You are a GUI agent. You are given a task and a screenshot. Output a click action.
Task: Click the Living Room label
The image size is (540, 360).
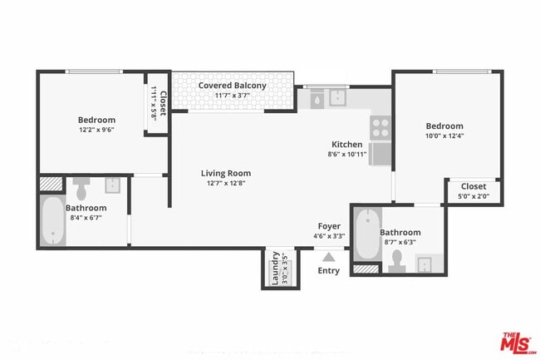pos(225,173)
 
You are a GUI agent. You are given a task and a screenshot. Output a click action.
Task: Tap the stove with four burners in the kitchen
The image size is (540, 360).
pos(380,127)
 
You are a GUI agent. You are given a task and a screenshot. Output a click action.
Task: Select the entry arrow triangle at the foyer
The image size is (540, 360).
pos(329,257)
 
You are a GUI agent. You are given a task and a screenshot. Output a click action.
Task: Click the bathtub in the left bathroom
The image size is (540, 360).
pos(52,222)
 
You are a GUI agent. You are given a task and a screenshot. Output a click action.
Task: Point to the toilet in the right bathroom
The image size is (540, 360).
pos(397,260)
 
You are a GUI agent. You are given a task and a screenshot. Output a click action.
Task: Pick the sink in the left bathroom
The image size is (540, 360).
pos(113,184)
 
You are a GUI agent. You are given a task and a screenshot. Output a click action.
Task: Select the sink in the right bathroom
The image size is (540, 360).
pos(425,264)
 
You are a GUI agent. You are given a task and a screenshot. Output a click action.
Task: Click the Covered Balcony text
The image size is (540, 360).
pos(232,86)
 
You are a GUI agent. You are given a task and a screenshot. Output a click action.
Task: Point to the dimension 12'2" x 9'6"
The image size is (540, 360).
pos(96,130)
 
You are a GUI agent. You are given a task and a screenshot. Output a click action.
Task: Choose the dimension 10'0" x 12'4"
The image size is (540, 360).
pos(444,136)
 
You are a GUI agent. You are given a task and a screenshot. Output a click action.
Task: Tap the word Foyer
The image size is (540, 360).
pos(329,226)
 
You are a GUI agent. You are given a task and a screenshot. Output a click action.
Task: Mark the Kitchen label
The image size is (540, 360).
pos(346,144)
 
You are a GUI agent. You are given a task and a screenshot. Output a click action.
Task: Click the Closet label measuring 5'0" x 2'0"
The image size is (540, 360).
pos(473,186)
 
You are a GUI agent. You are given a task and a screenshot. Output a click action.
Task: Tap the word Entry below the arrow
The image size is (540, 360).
pos(329,270)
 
